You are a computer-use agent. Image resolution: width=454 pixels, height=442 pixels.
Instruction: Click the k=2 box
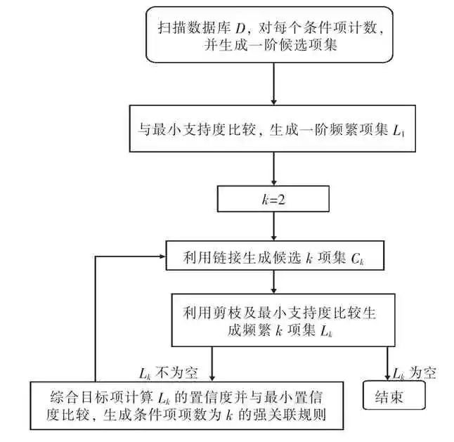tap(273, 199)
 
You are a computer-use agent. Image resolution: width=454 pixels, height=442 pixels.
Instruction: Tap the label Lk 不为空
tap(164, 370)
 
